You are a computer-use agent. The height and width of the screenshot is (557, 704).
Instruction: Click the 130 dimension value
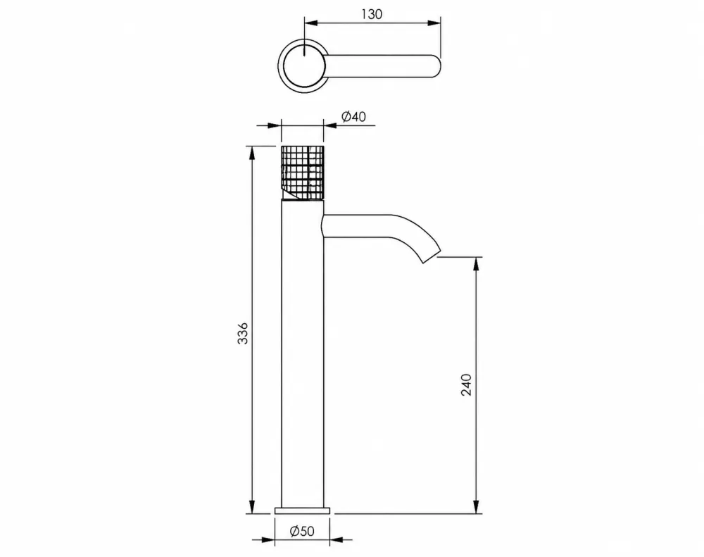pyautogui.click(x=372, y=14)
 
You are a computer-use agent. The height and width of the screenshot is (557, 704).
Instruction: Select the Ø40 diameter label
pyautogui.click(x=354, y=117)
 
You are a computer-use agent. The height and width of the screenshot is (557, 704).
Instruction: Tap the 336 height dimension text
pyautogui.click(x=242, y=333)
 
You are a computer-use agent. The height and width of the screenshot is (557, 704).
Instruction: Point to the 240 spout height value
pyautogui.click(x=467, y=384)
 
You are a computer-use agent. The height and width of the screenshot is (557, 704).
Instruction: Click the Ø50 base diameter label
pyautogui.click(x=302, y=532)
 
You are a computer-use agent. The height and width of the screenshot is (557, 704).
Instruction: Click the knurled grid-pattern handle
pyautogui.click(x=303, y=173)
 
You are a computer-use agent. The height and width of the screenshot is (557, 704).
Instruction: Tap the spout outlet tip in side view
pyautogui.click(x=431, y=258)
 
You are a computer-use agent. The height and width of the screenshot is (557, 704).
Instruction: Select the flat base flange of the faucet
pyautogui.click(x=302, y=511)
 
